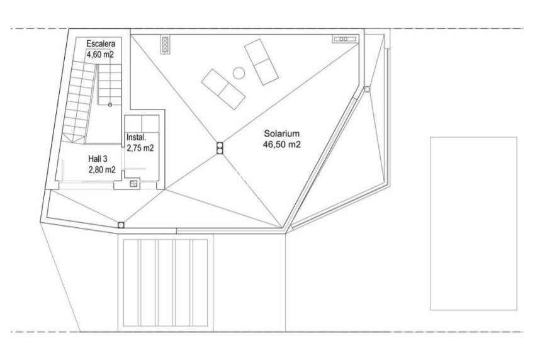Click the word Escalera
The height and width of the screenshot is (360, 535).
[101, 43]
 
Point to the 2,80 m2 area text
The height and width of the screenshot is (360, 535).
[101, 169]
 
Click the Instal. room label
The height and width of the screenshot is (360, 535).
[137, 138]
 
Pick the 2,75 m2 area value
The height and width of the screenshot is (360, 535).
[140, 149]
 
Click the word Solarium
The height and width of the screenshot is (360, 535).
[281, 134]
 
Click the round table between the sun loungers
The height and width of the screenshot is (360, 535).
[239, 72]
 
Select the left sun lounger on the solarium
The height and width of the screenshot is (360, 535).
[223, 87]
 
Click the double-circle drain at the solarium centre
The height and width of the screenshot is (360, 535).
[220, 148]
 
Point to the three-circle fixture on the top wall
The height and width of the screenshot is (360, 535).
[166, 44]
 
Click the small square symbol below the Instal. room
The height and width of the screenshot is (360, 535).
[133, 184]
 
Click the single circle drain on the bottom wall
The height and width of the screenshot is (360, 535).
[120, 225]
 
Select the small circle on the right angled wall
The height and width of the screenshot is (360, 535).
[365, 91]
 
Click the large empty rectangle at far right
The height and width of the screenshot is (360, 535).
[473, 223]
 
